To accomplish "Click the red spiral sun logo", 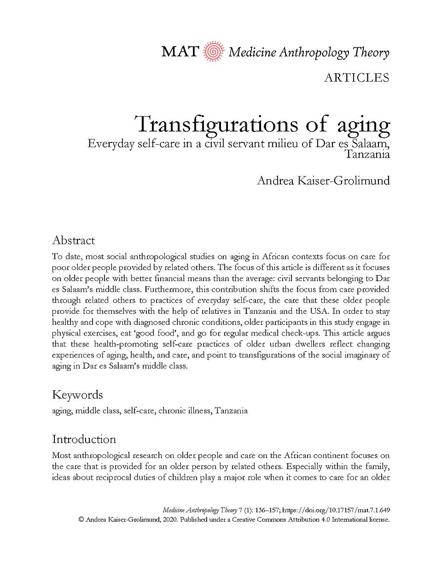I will pyautogui.click(x=213, y=52).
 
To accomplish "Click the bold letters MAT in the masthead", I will pyautogui.click(x=180, y=52).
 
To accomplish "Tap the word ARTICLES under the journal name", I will pyautogui.click(x=356, y=78).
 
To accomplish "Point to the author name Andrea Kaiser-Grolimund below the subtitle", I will pyautogui.click(x=323, y=180).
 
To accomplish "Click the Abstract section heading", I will pyautogui.click(x=73, y=240).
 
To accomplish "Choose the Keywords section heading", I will pyautogui.click(x=77, y=395).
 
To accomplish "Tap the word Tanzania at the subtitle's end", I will pyautogui.click(x=367, y=154).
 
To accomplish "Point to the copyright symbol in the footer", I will pyautogui.click(x=81, y=519).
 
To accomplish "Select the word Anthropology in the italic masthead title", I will pyautogui.click(x=314, y=53).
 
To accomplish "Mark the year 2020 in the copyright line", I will pyautogui.click(x=169, y=519).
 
